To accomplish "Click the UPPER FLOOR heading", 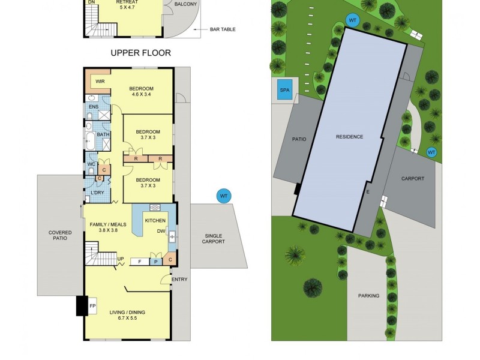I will [140, 53].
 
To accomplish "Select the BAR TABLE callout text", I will [223, 29].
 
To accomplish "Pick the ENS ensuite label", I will [93, 107].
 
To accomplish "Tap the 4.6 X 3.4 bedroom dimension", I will [142, 94].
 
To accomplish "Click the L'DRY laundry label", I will [97, 193].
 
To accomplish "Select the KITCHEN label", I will [155, 221].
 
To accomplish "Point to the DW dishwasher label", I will [161, 231].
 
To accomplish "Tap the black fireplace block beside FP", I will [82, 306].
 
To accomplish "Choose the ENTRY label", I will [179, 280].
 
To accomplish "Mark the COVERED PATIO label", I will [60, 235].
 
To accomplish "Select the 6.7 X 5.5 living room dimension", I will [127, 319].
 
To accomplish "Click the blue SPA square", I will [284, 92].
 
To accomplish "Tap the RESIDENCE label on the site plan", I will [349, 137].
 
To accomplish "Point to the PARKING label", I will [368, 296].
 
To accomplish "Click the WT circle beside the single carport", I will [224, 196].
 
